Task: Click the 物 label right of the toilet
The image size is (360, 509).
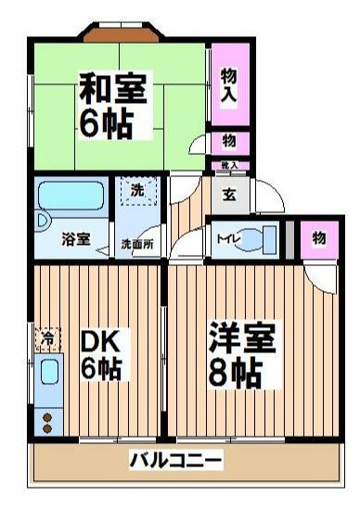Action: coord(318,238)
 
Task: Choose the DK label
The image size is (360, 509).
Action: coord(100,341)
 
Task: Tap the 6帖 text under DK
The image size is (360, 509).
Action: coord(100,369)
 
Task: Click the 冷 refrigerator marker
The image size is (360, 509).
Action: coord(45,335)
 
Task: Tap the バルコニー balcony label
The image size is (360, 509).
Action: coord(175,460)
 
